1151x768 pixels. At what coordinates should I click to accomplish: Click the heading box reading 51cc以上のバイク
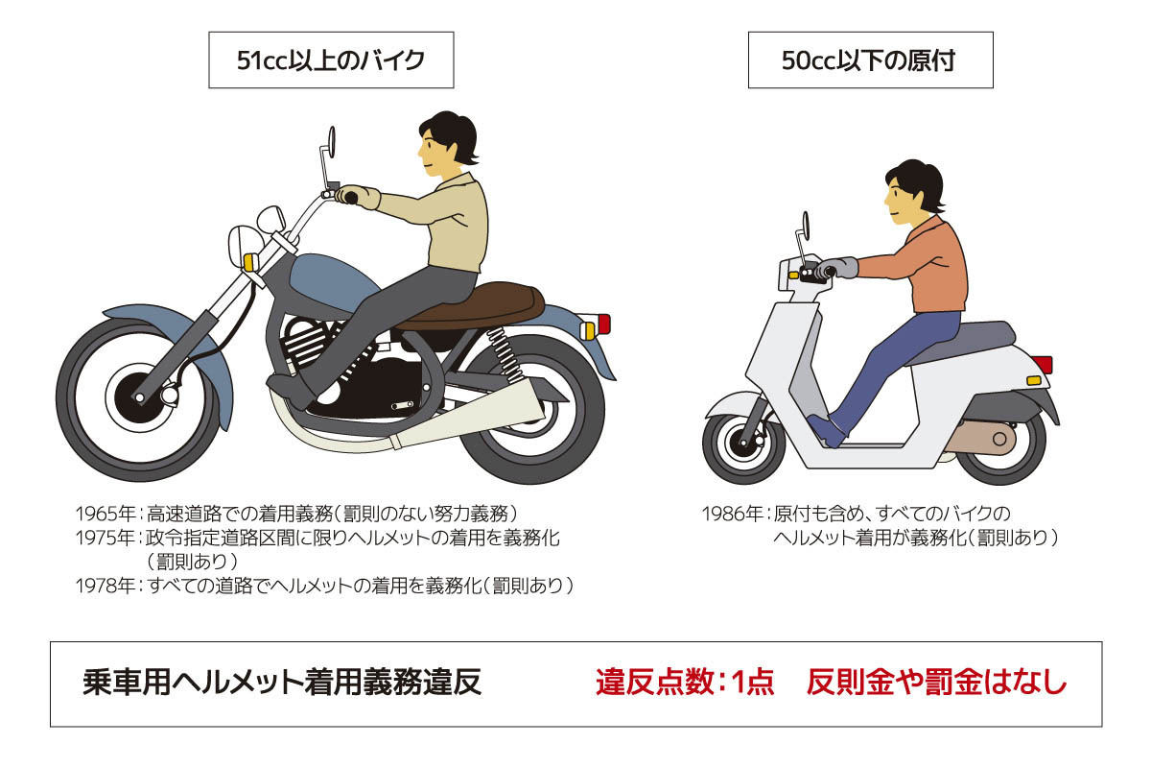tap(331, 60)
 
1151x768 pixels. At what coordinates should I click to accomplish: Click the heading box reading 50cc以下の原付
tap(870, 60)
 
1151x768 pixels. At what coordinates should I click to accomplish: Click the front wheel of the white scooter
tap(743, 442)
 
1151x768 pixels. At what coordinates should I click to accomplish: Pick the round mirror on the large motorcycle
tap(331, 142)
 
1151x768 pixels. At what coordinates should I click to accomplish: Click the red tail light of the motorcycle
tap(602, 324)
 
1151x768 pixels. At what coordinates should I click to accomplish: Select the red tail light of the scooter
tap(1042, 365)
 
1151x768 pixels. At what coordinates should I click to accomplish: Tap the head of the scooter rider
tap(911, 192)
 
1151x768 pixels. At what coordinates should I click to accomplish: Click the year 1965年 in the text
tap(106, 514)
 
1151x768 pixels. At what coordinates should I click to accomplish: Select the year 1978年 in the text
tap(106, 585)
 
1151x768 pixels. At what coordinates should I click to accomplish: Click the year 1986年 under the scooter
tap(734, 514)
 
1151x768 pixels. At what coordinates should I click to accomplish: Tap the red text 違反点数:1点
tap(684, 683)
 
